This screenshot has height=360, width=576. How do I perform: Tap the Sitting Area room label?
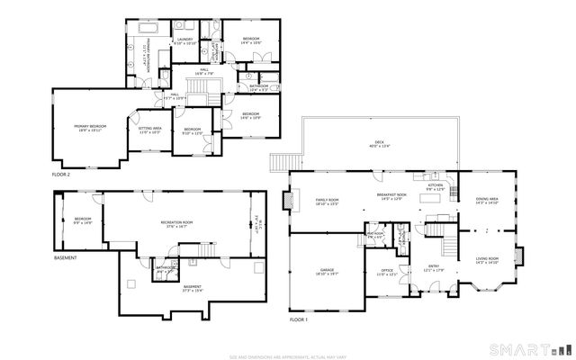click(148, 130)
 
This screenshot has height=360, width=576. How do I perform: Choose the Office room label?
click(386, 269)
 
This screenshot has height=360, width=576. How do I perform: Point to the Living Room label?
click(487, 259)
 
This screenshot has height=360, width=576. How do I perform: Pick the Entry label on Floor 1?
click(433, 266)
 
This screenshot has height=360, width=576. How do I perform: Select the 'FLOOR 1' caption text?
click(298, 320)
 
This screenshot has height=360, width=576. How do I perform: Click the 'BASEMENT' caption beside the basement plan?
click(66, 258)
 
